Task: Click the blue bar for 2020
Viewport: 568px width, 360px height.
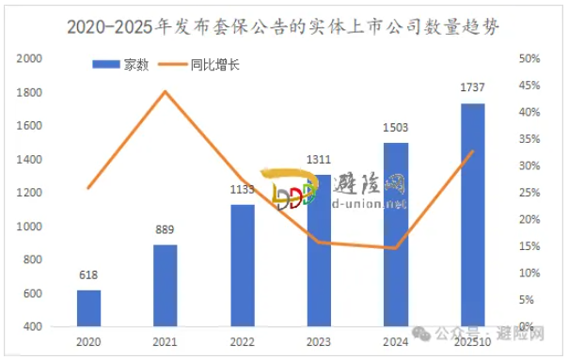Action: tap(88, 307)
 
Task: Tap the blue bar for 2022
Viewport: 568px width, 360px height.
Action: tap(243, 264)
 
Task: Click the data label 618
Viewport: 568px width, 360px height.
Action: tap(88, 275)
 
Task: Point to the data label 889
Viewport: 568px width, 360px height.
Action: tap(166, 230)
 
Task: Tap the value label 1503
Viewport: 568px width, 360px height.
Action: tap(396, 128)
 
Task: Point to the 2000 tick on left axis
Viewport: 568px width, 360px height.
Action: tap(31, 58)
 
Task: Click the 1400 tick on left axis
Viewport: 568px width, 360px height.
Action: tap(31, 159)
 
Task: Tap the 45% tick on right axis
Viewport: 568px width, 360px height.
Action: tap(529, 86)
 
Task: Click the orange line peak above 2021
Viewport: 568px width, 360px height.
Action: tap(166, 91)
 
